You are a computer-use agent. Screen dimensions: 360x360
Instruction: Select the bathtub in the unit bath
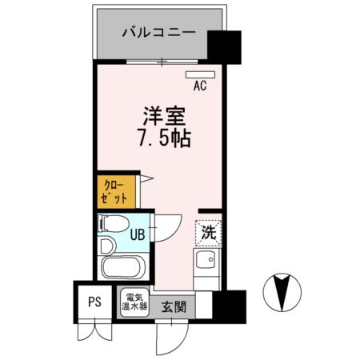tap(122, 266)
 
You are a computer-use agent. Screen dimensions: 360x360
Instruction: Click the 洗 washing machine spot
tap(208, 234)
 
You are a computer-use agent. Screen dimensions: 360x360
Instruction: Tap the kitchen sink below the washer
tap(206, 262)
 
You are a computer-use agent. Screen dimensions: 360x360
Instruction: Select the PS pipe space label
tap(94, 302)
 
